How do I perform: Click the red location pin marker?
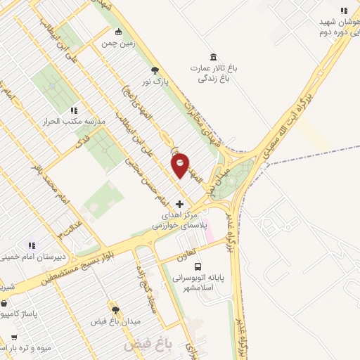click(x=181, y=164)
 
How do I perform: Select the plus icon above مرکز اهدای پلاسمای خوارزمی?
click(x=179, y=203)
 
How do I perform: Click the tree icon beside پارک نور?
click(x=155, y=70)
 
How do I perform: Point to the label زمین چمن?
click(x=117, y=44)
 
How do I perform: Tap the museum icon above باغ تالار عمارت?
click(x=213, y=57)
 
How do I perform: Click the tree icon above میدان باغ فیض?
click(x=115, y=309)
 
